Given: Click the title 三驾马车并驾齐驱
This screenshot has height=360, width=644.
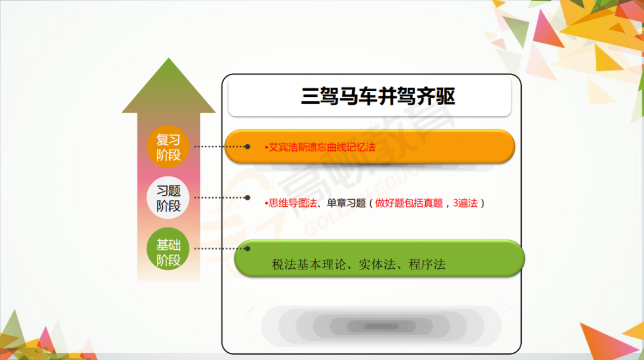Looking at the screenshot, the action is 378,97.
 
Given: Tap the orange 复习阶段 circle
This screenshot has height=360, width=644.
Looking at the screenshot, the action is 168,147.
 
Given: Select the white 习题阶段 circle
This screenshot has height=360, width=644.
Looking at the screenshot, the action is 168,197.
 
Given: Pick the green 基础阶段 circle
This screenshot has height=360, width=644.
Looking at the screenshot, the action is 168,249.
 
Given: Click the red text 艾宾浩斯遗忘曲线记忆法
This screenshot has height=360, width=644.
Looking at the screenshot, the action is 322,147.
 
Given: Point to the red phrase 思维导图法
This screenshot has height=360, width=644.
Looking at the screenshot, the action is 293,203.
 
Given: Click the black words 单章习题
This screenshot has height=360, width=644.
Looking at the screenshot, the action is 346,203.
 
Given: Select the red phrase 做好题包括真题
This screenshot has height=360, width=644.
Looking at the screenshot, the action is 409,203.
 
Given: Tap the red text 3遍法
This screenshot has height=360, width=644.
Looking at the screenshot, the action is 465,203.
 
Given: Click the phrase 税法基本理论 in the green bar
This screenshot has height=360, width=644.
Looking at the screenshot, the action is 309,265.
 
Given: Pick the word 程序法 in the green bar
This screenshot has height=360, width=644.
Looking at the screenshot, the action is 427,265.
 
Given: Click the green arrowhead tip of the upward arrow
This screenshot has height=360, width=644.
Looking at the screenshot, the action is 168,58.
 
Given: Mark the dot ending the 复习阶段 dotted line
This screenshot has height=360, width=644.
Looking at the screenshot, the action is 247,147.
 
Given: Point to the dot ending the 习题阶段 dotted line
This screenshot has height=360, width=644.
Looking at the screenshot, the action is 247,197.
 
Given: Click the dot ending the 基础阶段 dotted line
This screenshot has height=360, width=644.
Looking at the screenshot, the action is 247,249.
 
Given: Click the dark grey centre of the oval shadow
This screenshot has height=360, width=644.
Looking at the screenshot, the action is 381,327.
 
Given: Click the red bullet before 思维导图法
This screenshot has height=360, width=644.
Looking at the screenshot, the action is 266,203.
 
